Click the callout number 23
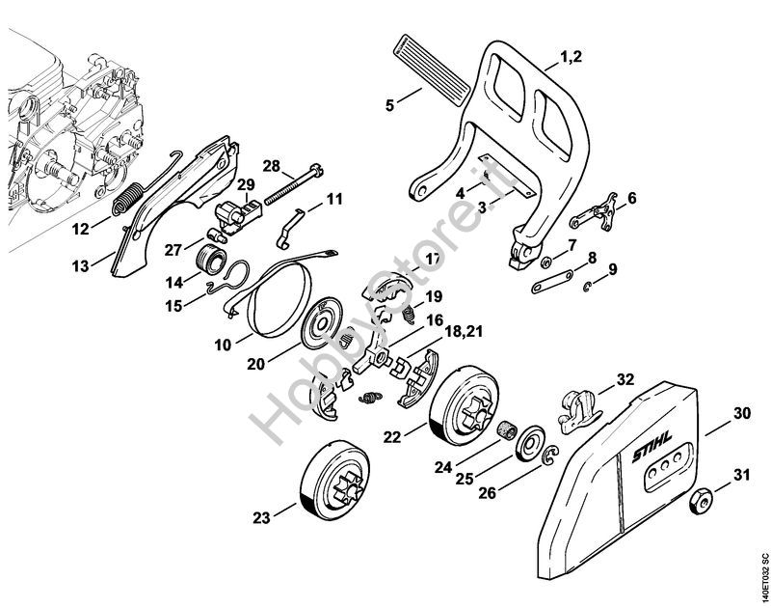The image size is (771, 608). tap(261, 518)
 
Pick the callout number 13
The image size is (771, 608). tap(79, 262)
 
